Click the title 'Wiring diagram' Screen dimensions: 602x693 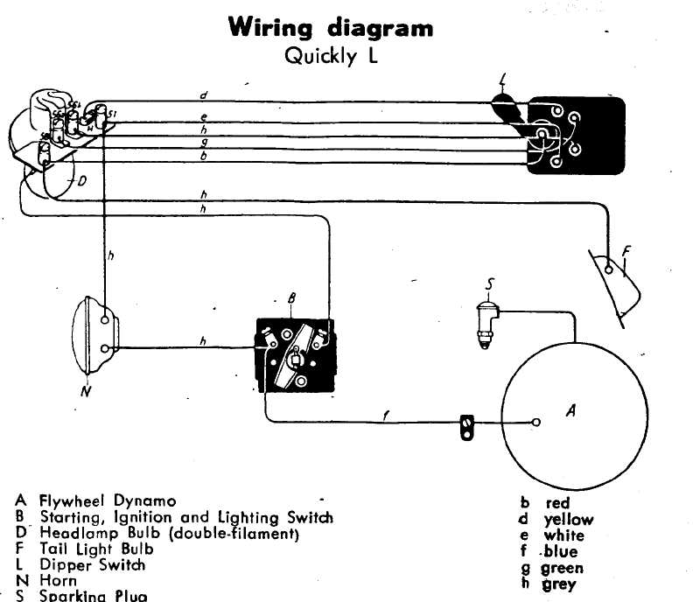point(330,28)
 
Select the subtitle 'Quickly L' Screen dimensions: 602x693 point(330,58)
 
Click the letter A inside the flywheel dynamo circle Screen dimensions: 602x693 point(570,409)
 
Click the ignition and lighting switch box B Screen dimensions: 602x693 point(295,354)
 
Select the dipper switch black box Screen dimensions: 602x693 point(576,136)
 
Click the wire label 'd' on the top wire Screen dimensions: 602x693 point(203,95)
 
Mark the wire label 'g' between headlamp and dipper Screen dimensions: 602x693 point(203,141)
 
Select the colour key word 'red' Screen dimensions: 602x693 point(557,503)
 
